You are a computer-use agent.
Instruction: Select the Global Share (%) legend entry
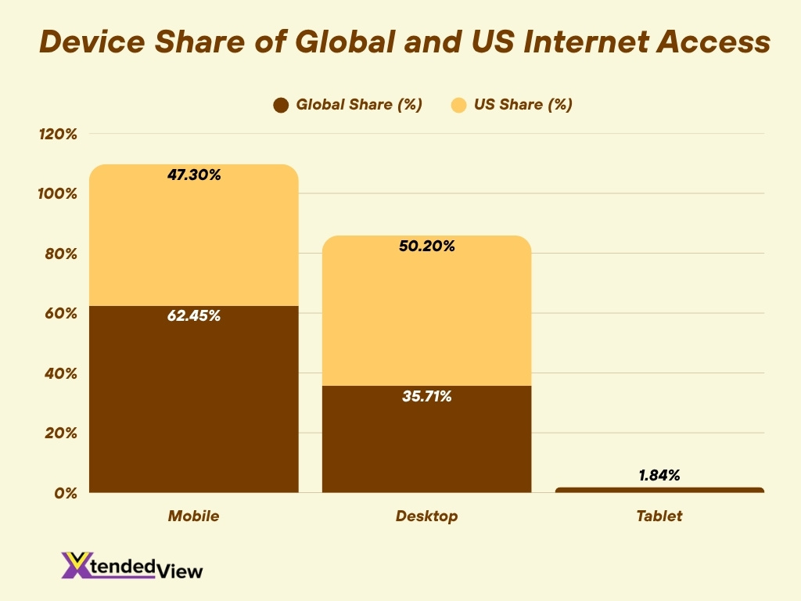[348, 105]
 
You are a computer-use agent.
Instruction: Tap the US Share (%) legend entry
[512, 105]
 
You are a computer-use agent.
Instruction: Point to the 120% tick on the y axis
[58, 134]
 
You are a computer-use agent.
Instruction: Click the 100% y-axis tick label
[58, 193]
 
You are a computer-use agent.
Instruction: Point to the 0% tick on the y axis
[65, 493]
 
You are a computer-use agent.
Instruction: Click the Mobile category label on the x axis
[193, 516]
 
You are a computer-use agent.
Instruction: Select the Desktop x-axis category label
[426, 516]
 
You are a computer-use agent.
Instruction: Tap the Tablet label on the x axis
[659, 516]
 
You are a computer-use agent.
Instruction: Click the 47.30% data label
[194, 175]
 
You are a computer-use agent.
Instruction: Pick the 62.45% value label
[194, 317]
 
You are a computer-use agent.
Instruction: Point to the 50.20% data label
[427, 247]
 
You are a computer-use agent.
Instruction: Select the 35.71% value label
[427, 397]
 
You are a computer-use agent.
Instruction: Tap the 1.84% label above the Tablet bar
[659, 475]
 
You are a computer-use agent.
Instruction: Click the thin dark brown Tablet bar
[659, 490]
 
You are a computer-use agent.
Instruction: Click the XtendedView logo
[132, 566]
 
